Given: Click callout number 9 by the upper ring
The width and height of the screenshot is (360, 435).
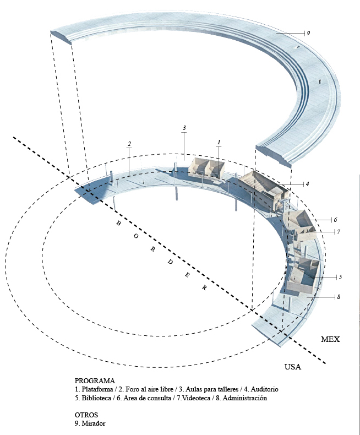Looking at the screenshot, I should pyautogui.click(x=309, y=34).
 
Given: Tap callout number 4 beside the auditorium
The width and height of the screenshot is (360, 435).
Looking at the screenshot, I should pyautogui.click(x=307, y=184).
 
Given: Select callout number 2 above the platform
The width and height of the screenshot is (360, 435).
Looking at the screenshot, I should pyautogui.click(x=129, y=144).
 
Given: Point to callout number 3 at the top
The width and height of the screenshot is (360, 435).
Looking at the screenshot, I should pyautogui.click(x=184, y=128).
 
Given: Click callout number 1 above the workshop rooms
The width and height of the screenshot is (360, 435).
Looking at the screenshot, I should pyautogui.click(x=219, y=143).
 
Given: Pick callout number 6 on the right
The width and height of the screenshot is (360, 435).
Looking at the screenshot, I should pyautogui.click(x=335, y=220).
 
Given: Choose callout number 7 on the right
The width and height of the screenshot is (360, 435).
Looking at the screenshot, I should pyautogui.click(x=339, y=232).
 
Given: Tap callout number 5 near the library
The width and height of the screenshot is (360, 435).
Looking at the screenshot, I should pyautogui.click(x=340, y=276).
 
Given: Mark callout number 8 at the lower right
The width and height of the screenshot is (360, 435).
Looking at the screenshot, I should pyautogui.click(x=339, y=297).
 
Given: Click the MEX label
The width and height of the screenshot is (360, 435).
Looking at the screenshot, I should pyautogui.click(x=330, y=340).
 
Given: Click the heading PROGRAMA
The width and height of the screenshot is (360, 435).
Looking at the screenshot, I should pyautogui.click(x=95, y=381).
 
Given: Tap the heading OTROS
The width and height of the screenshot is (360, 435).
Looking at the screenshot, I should pyautogui.click(x=86, y=415).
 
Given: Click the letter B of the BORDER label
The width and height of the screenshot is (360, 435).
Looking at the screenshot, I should pyautogui.click(x=117, y=224).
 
